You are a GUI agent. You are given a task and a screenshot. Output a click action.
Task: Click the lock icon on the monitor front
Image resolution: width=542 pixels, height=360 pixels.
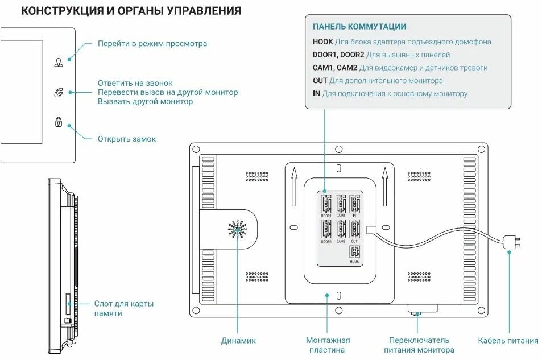(x=59, y=122)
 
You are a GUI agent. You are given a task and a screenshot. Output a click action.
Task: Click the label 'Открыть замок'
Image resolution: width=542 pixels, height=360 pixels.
(x=126, y=139)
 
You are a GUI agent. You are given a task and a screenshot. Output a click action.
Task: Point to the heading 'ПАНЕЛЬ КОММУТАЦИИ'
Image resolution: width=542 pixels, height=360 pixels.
(x=359, y=27)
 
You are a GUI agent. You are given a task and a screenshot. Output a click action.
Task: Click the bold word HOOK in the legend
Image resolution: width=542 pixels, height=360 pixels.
(x=322, y=42)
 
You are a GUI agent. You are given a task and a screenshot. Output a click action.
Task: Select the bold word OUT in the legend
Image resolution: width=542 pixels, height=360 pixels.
(x=320, y=81)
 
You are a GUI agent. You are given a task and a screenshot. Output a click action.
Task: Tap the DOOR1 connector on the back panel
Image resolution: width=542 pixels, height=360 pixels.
(x=326, y=204)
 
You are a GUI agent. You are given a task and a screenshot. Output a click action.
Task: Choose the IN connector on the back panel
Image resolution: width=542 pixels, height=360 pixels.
(x=355, y=204)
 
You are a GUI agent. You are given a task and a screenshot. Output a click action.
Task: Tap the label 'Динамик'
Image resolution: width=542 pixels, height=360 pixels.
(x=238, y=341)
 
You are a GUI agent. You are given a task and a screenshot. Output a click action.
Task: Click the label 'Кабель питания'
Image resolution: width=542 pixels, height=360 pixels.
(x=508, y=341)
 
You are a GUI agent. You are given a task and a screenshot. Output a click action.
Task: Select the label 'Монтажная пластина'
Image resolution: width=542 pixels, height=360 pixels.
(x=328, y=345)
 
